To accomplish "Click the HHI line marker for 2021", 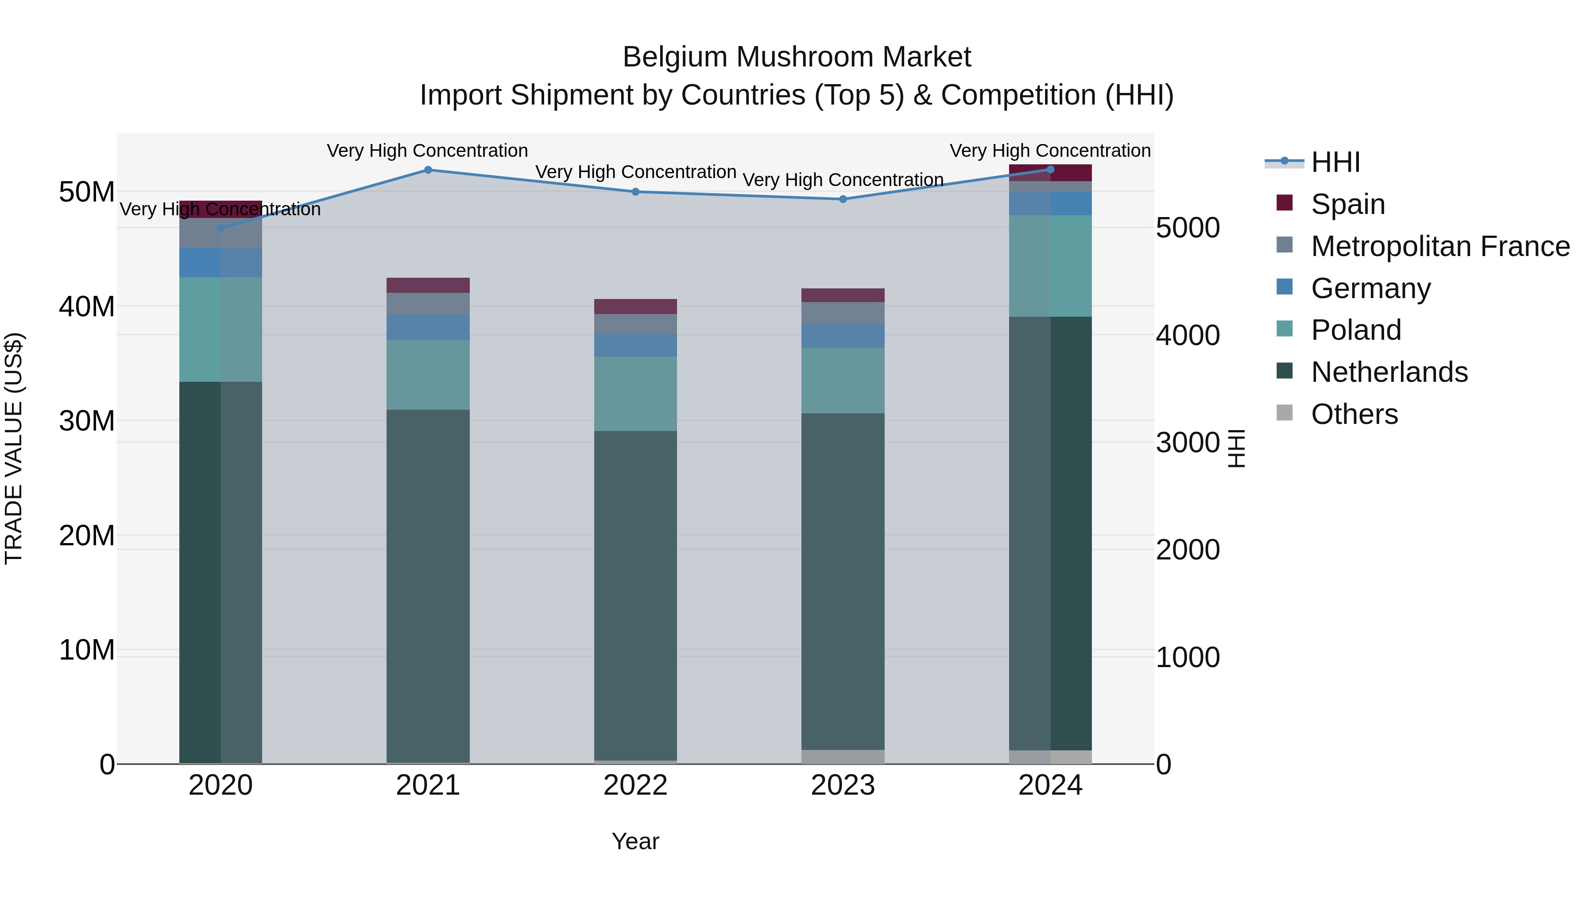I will click(428, 170).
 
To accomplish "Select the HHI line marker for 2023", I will click(843, 199).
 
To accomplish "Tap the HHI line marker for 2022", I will click(635, 191).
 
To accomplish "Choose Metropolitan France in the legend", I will click(1439, 246).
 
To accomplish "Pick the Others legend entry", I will click(1354, 414).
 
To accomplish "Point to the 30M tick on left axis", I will click(87, 421).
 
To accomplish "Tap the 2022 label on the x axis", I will click(635, 785).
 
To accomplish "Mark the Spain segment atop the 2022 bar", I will click(635, 307).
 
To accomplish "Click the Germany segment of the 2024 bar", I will click(1050, 204).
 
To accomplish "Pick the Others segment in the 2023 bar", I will click(843, 757).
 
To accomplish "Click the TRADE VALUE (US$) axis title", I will click(14, 448).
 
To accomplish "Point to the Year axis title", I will click(635, 841).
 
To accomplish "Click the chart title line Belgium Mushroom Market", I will click(797, 57).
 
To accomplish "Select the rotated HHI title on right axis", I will click(1236, 448).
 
